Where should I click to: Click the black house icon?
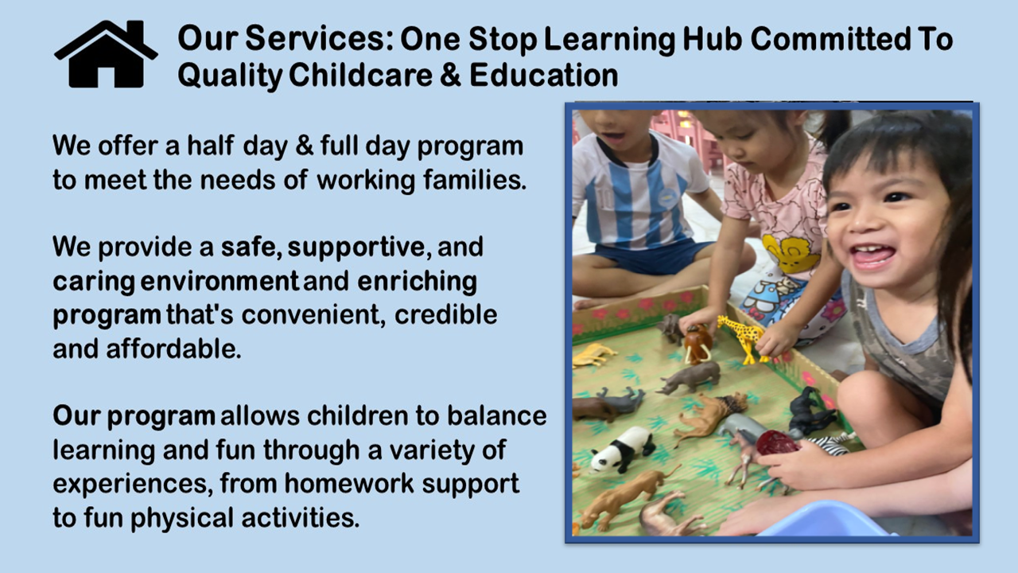tap(106, 54)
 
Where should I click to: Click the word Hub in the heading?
tap(712, 39)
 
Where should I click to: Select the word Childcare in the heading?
tap(360, 75)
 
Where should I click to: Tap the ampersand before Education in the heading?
tap(450, 75)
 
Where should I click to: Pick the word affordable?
tap(173, 349)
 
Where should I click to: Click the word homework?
tap(349, 483)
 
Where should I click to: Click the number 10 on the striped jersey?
tap(591, 197)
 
